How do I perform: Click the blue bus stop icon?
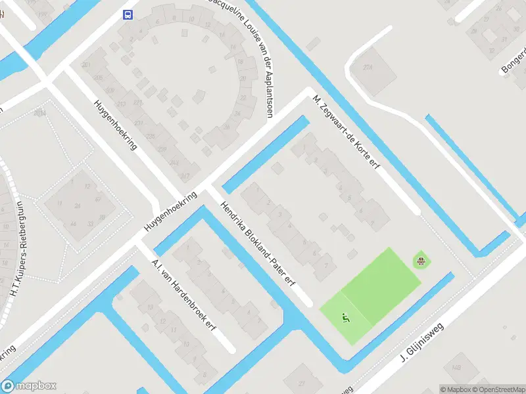[128, 15]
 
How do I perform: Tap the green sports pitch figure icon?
[345, 318]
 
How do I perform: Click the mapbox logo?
[29, 386]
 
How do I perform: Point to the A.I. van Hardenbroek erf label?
[184, 294]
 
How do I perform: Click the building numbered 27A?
[368, 67]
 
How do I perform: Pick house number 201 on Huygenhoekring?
[86, 64]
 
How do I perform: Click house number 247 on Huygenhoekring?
[185, 175]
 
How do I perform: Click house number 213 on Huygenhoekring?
[120, 104]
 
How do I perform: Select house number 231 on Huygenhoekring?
[139, 123]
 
